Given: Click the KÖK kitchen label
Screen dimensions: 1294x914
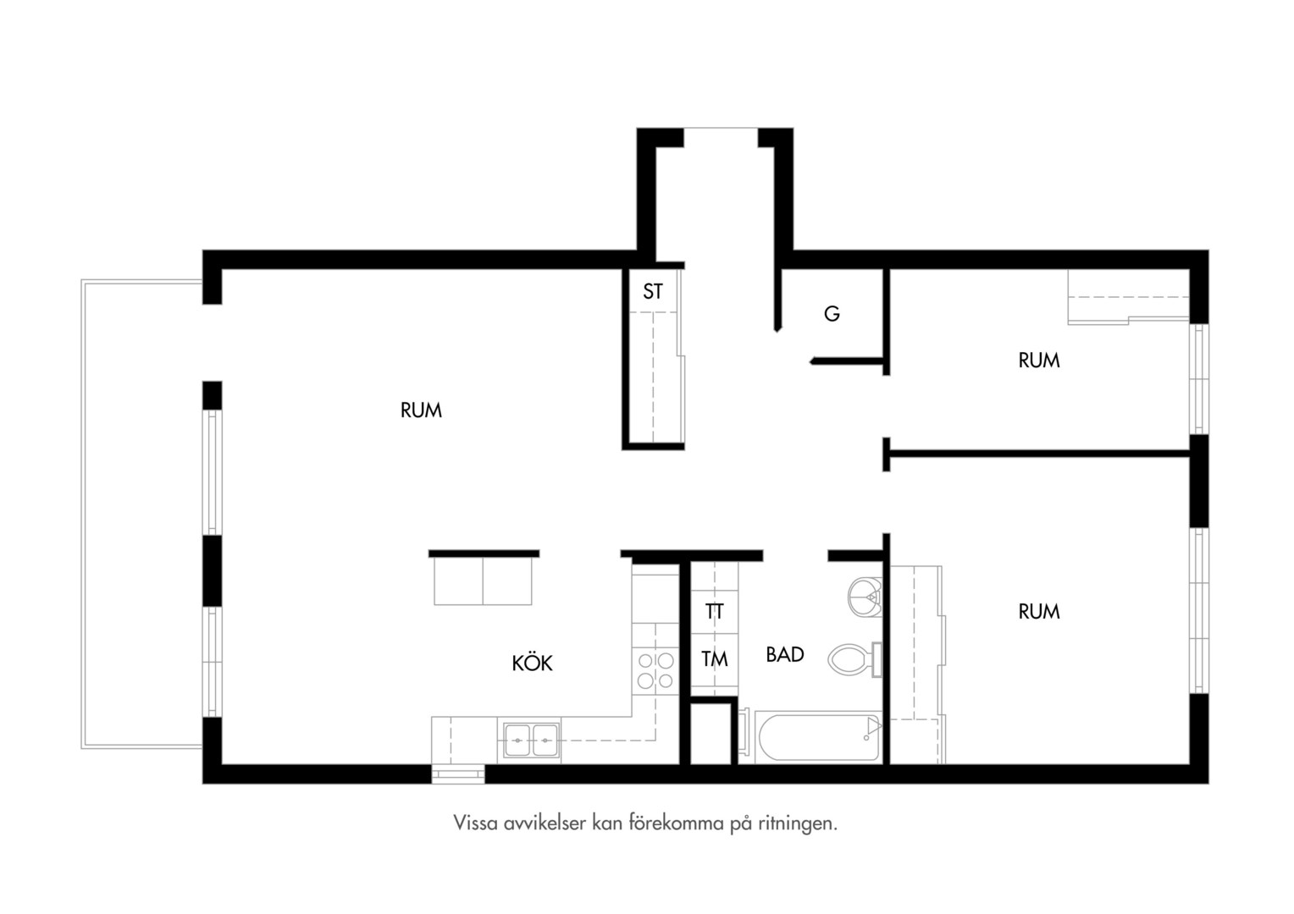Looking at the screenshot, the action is point(532,663).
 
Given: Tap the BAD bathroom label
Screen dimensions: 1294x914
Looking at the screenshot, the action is point(784,654).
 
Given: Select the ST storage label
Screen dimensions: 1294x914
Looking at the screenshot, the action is point(653,292).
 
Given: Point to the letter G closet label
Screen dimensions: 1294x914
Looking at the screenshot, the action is point(832,313).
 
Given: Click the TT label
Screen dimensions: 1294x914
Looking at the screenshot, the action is point(714,611).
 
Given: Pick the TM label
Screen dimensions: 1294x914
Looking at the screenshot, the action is point(715,658).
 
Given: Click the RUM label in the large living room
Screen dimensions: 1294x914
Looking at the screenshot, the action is point(421,410).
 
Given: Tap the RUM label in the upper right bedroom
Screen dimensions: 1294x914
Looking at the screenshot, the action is point(1038,361).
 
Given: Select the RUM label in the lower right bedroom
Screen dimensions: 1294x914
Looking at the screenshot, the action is point(1038,612).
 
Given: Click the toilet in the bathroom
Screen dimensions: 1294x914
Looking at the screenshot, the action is point(855,659).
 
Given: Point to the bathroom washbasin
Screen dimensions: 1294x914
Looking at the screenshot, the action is point(865,597).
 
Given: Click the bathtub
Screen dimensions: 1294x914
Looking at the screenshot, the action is point(818,737).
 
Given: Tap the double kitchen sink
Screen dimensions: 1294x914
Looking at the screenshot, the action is point(532,741).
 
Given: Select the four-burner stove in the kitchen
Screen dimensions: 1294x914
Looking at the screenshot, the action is point(655,671).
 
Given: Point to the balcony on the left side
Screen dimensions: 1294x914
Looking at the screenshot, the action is point(142,514).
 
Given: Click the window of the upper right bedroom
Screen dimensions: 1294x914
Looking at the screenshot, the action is point(1198,379).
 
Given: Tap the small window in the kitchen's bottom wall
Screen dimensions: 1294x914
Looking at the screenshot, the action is point(458,774).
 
